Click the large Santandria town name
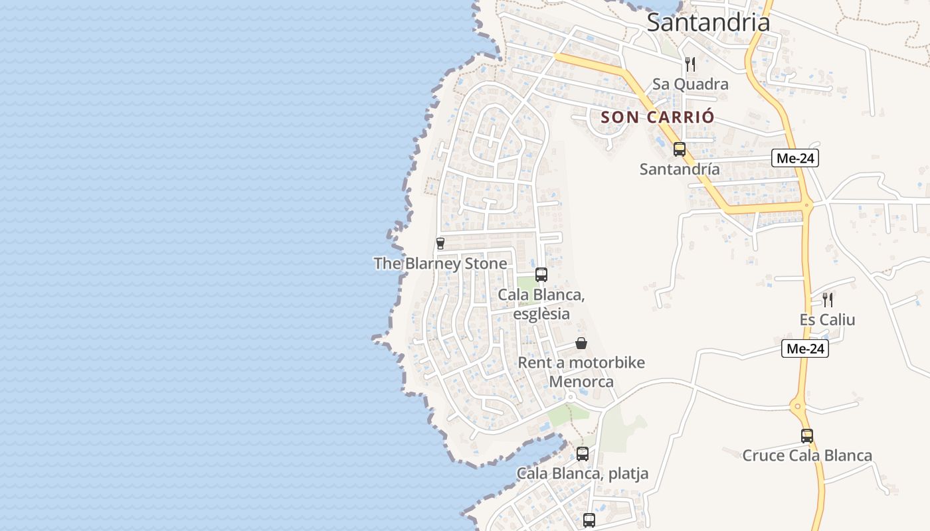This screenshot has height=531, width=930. click(x=708, y=23)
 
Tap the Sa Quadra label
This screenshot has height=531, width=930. click(x=690, y=84)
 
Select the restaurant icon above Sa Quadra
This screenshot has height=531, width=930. click(x=690, y=64)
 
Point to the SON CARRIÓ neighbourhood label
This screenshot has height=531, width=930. click(x=658, y=117)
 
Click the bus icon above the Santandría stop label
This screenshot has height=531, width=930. click(x=679, y=149)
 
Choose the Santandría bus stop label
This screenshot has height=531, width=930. click(x=679, y=169)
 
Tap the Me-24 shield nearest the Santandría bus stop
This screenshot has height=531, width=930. click(x=794, y=158)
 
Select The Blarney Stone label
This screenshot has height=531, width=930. click(x=440, y=264)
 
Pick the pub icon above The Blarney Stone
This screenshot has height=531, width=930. click(x=440, y=244)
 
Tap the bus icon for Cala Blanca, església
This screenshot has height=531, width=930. click(x=541, y=275)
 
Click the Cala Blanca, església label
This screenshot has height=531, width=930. click(x=541, y=303)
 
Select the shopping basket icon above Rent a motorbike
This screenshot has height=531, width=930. click(x=581, y=343)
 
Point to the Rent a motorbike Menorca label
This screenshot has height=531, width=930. click(x=581, y=372)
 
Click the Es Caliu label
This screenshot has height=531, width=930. click(x=827, y=320)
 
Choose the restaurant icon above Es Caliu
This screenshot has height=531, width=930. click(x=827, y=299)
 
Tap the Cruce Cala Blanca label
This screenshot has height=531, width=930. click(x=806, y=455)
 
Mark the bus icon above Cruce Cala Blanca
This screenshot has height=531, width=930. click(x=806, y=436)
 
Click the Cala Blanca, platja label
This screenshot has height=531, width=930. click(x=582, y=473)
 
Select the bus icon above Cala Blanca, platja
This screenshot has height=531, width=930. click(x=582, y=454)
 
